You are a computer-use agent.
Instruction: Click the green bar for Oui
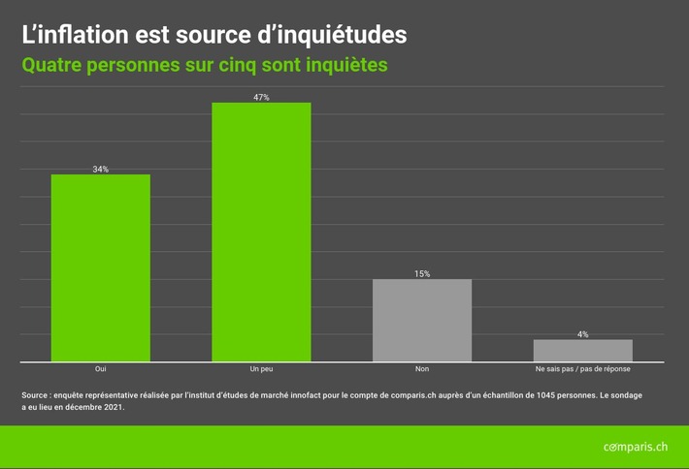click(x=100, y=268)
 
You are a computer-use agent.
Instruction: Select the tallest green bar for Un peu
click(x=261, y=233)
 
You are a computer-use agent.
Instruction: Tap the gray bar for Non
click(x=422, y=321)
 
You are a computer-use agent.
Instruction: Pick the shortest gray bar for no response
click(x=582, y=351)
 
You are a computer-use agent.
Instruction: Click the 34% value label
click(x=100, y=170)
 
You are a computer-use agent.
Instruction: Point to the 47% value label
click(x=261, y=98)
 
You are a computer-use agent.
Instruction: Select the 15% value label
click(x=422, y=274)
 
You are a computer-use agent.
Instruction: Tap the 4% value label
click(x=582, y=334)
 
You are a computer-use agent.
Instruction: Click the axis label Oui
click(x=100, y=370)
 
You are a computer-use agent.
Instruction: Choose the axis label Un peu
click(x=261, y=370)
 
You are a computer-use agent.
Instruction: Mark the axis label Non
click(x=422, y=370)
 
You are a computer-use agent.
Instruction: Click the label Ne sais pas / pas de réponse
click(x=582, y=370)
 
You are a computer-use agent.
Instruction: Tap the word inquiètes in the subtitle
click(x=343, y=66)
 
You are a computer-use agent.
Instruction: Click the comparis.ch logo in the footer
click(x=635, y=446)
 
